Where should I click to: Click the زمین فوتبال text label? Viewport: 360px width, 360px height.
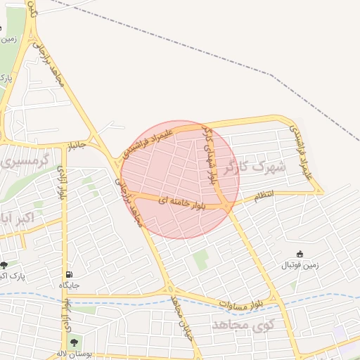click(300, 265)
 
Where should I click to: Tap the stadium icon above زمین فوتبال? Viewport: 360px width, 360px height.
click(300, 254)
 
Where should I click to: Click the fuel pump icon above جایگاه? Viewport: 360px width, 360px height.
click(68, 274)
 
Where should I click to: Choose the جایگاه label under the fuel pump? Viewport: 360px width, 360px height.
click(68, 285)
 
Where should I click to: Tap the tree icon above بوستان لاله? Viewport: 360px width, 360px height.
click(74, 342)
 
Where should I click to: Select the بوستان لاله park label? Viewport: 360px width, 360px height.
click(70, 354)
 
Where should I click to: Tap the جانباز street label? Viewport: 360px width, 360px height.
click(76, 146)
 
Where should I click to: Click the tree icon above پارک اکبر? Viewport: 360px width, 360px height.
click(5, 265)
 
